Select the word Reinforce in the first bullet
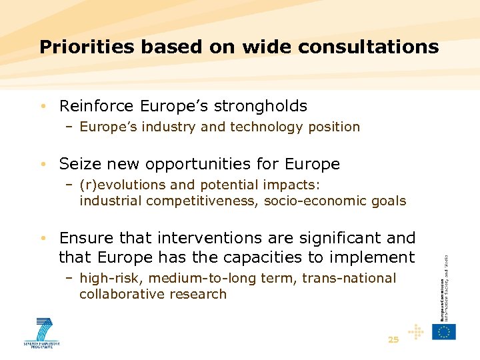(x=97, y=106)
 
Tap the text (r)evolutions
(x=122, y=184)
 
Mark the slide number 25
(x=393, y=340)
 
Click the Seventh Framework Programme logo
(x=42, y=333)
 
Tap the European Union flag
(x=444, y=331)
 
